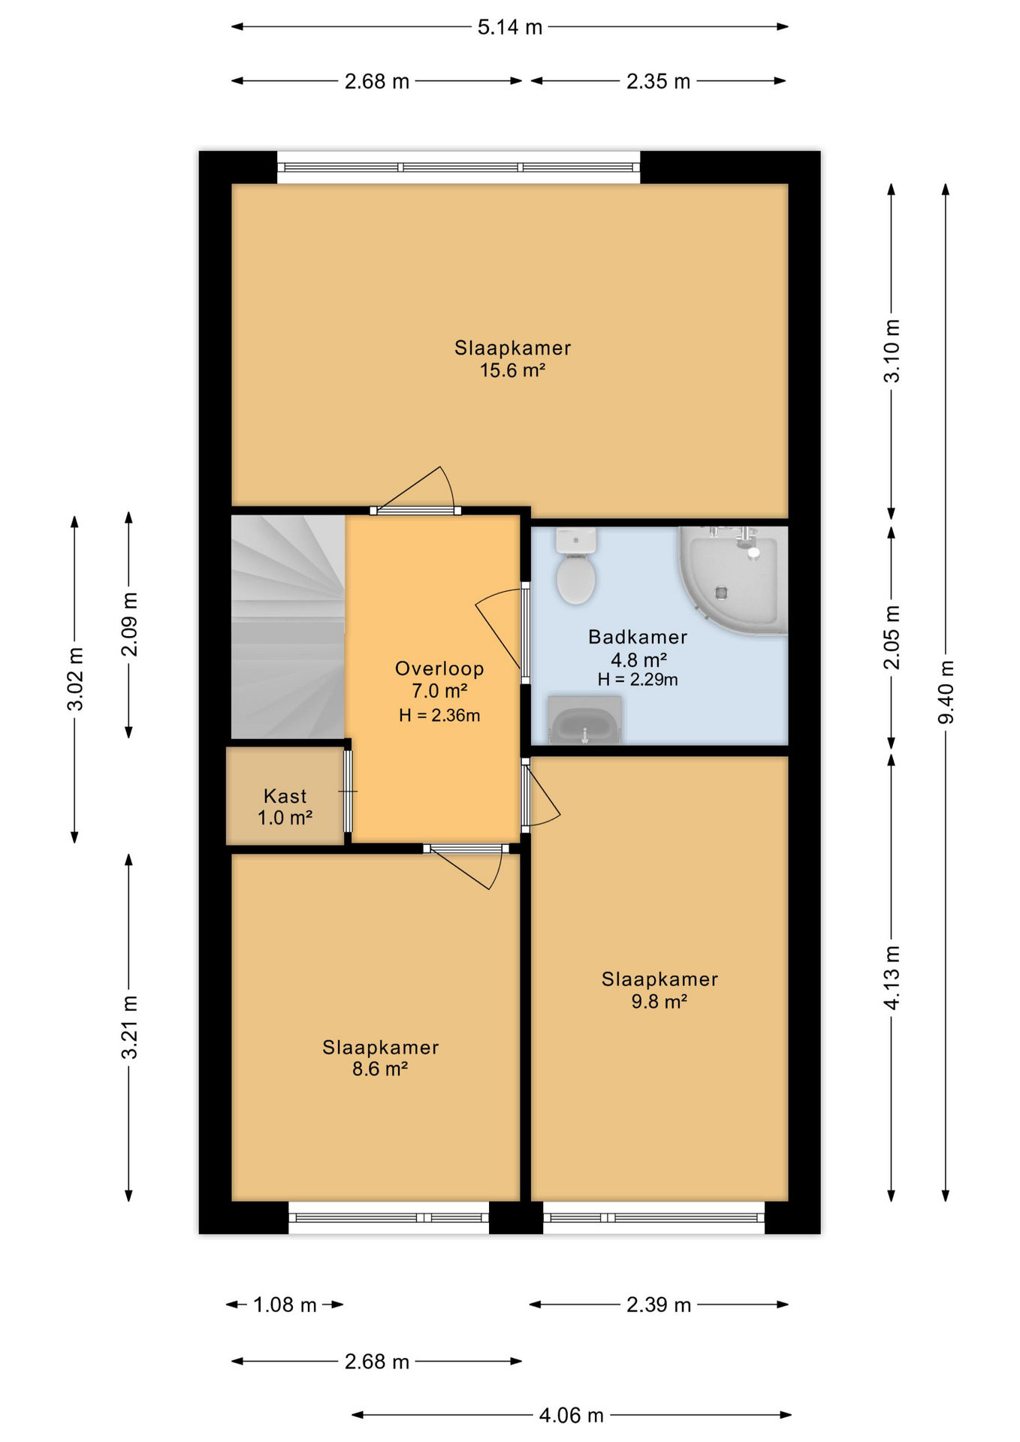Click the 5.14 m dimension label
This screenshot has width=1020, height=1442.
(x=509, y=27)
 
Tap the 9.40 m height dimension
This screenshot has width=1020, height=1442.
(x=946, y=692)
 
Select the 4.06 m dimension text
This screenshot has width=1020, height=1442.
(x=571, y=1415)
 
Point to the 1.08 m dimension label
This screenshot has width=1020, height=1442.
(x=285, y=1305)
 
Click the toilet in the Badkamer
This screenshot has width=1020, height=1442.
(x=576, y=566)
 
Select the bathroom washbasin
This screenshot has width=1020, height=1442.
(x=584, y=719)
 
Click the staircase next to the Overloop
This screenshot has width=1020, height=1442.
(x=288, y=627)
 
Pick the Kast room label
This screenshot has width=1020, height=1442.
(x=285, y=795)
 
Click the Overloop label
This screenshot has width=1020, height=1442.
(x=439, y=668)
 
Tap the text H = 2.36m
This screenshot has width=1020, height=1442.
(x=439, y=715)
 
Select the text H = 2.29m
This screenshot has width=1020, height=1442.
(x=638, y=680)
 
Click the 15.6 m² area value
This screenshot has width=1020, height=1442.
(x=512, y=370)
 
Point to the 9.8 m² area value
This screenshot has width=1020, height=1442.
(x=659, y=1001)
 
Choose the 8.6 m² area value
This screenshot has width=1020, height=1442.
(x=380, y=1069)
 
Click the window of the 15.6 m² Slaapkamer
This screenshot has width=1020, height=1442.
(x=459, y=167)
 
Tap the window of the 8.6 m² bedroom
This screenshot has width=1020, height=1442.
(x=389, y=1217)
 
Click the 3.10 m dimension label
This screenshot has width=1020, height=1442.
(x=892, y=351)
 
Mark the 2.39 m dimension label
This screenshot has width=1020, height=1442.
(x=659, y=1305)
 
